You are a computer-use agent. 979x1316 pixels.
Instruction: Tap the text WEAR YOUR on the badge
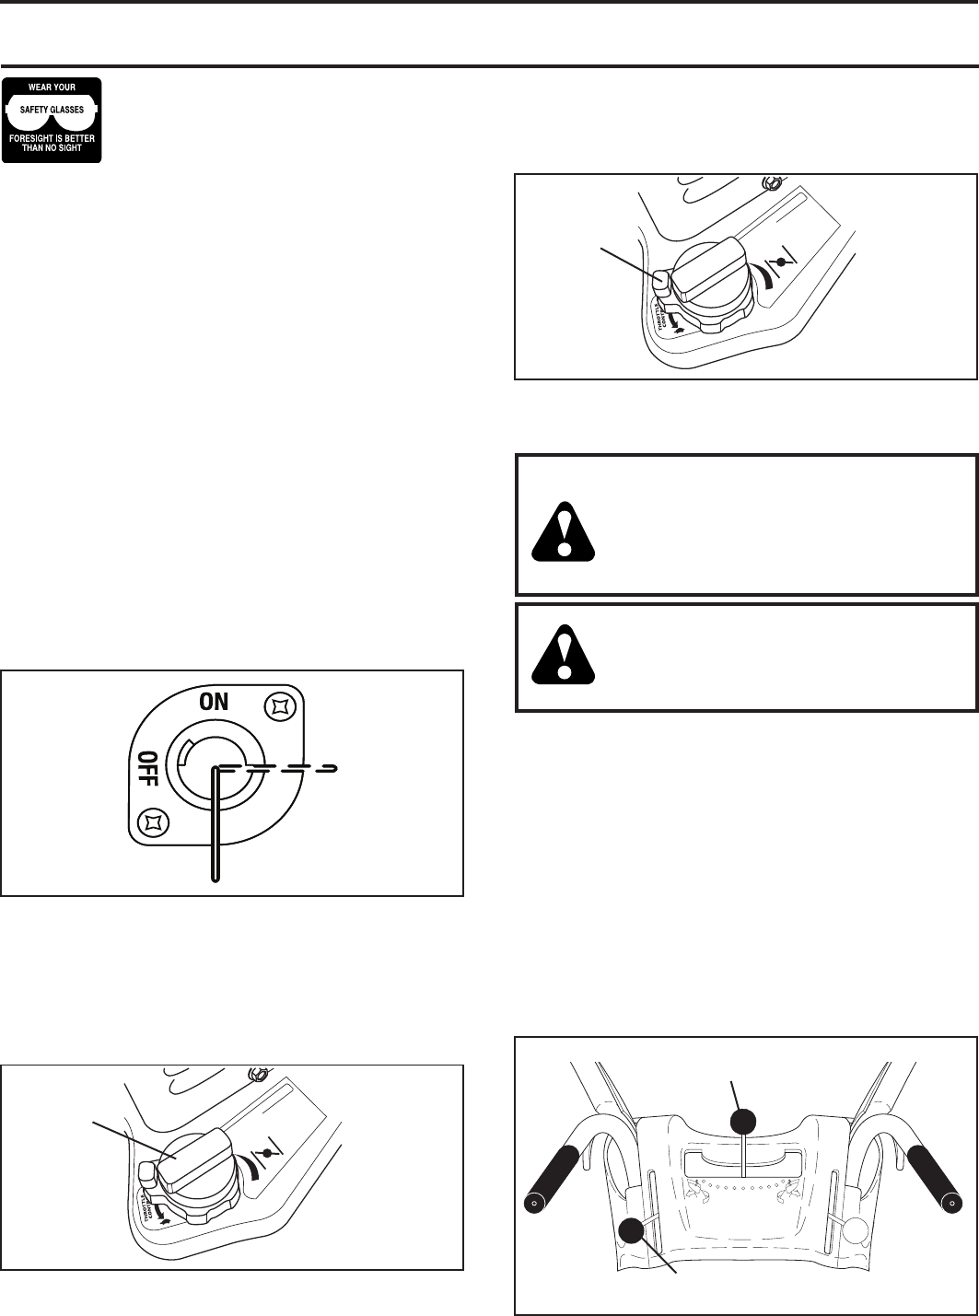(52, 88)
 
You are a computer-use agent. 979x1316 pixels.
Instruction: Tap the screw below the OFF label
(151, 820)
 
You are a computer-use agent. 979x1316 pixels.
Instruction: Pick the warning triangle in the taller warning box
(565, 531)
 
